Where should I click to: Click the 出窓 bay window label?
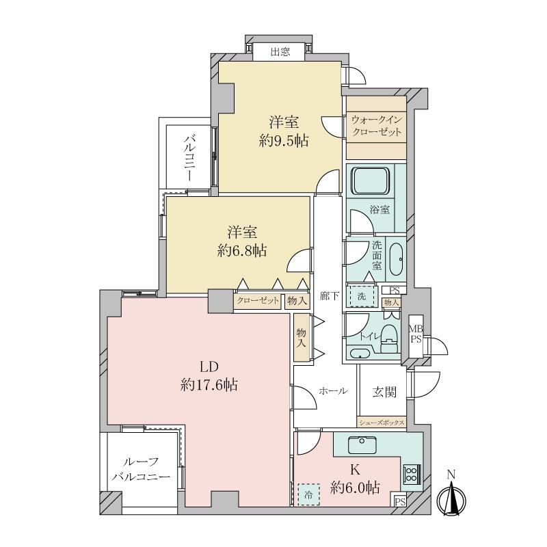tap(280, 53)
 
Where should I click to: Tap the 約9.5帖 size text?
tap(283, 141)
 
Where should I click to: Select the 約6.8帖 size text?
tap(242, 250)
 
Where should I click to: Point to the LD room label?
tap(209, 367)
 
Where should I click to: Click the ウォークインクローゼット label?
tap(377, 126)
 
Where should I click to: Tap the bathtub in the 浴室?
tap(371, 181)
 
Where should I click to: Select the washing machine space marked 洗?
tap(362, 297)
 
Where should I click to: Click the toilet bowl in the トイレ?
tap(389, 338)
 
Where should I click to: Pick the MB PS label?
tap(416, 334)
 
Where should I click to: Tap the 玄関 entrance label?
tap(384, 392)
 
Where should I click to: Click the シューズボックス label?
tap(382, 423)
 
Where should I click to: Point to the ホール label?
tap(333, 391)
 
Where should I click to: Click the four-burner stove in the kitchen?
tap(412, 474)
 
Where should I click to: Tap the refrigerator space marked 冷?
tap(308, 494)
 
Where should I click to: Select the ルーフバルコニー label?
tap(141, 470)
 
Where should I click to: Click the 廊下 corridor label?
tap(330, 296)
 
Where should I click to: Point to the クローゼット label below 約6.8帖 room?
tap(258, 301)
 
